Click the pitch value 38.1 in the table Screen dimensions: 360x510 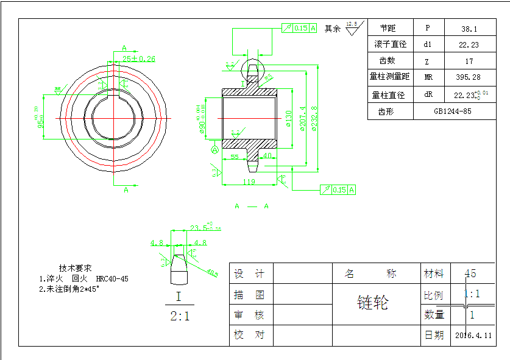[x=469, y=29]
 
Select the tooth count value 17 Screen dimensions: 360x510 [x=469, y=61]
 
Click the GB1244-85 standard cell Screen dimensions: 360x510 [x=453, y=111]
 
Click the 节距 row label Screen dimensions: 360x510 [x=388, y=29]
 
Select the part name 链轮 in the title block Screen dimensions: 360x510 [x=372, y=303]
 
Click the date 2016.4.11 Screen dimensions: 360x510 [x=473, y=335]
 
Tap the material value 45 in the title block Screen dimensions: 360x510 [x=470, y=274]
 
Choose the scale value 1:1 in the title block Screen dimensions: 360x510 [x=472, y=294]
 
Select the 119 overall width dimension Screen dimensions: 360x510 [x=249, y=182]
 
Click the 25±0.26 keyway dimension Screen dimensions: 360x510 [x=139, y=59]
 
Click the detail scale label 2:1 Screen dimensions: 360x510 [x=179, y=316]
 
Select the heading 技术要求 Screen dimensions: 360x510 [x=75, y=268]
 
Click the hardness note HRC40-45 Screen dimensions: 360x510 [x=112, y=278]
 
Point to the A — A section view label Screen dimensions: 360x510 [x=252, y=206]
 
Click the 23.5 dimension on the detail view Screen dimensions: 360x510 [x=197, y=227]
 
